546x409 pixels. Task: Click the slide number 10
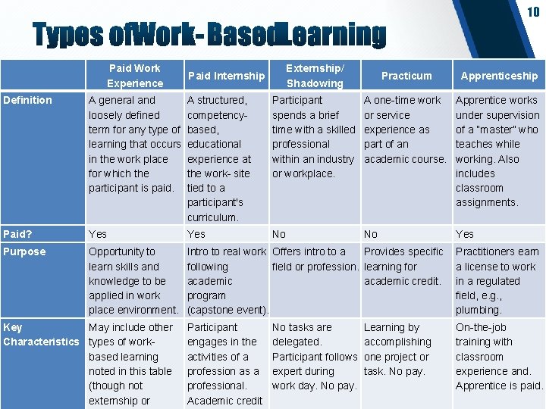coord(533,11)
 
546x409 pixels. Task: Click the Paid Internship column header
coord(226,76)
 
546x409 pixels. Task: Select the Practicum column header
coord(406,76)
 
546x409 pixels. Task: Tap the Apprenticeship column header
coord(499,76)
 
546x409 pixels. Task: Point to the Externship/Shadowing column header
coord(315,76)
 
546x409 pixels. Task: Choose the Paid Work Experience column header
coord(135,76)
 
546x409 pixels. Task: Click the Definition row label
coord(28,100)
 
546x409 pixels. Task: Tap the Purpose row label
coord(24,251)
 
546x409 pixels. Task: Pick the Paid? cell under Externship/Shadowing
coord(279,234)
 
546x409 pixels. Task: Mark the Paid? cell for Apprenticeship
coord(464,234)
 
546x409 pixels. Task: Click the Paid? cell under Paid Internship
coord(196,234)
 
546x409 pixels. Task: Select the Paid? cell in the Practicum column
coord(371,234)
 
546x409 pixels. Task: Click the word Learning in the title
coord(331,35)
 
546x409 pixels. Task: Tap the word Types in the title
coord(67,35)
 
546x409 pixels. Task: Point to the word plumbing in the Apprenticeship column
coord(479,310)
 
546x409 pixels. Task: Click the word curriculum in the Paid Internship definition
coord(213,217)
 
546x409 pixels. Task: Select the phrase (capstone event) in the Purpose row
coord(227,310)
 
